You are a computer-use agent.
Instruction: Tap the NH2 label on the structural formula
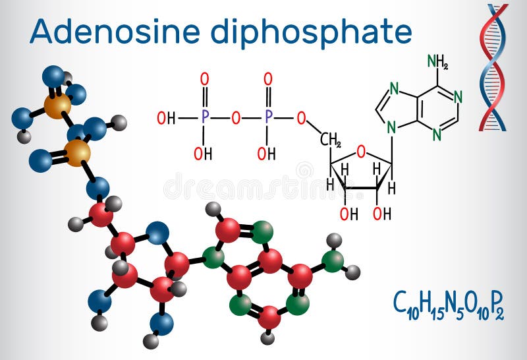pos(437,61)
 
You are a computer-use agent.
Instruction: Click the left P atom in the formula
pos(205,119)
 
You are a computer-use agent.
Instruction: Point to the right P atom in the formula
pos(268,119)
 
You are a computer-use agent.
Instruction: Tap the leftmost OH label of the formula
pos(165,119)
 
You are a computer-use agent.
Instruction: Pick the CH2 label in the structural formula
pos(330,140)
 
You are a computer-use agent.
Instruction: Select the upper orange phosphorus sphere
pos(57,104)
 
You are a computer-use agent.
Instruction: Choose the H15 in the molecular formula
pos(429,305)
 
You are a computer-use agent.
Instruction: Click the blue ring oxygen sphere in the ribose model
pos(157,233)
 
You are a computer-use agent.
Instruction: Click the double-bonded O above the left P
pos(205,80)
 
